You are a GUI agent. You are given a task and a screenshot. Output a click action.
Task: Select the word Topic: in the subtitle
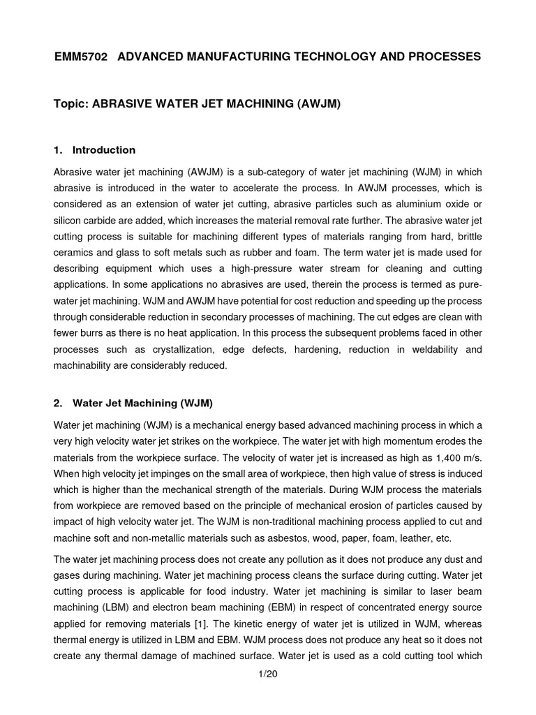pyautogui.click(x=71, y=103)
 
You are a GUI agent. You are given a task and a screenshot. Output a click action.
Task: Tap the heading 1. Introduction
pyautogui.click(x=94, y=150)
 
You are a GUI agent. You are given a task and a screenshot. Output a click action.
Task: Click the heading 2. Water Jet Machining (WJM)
pyautogui.click(x=133, y=404)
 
